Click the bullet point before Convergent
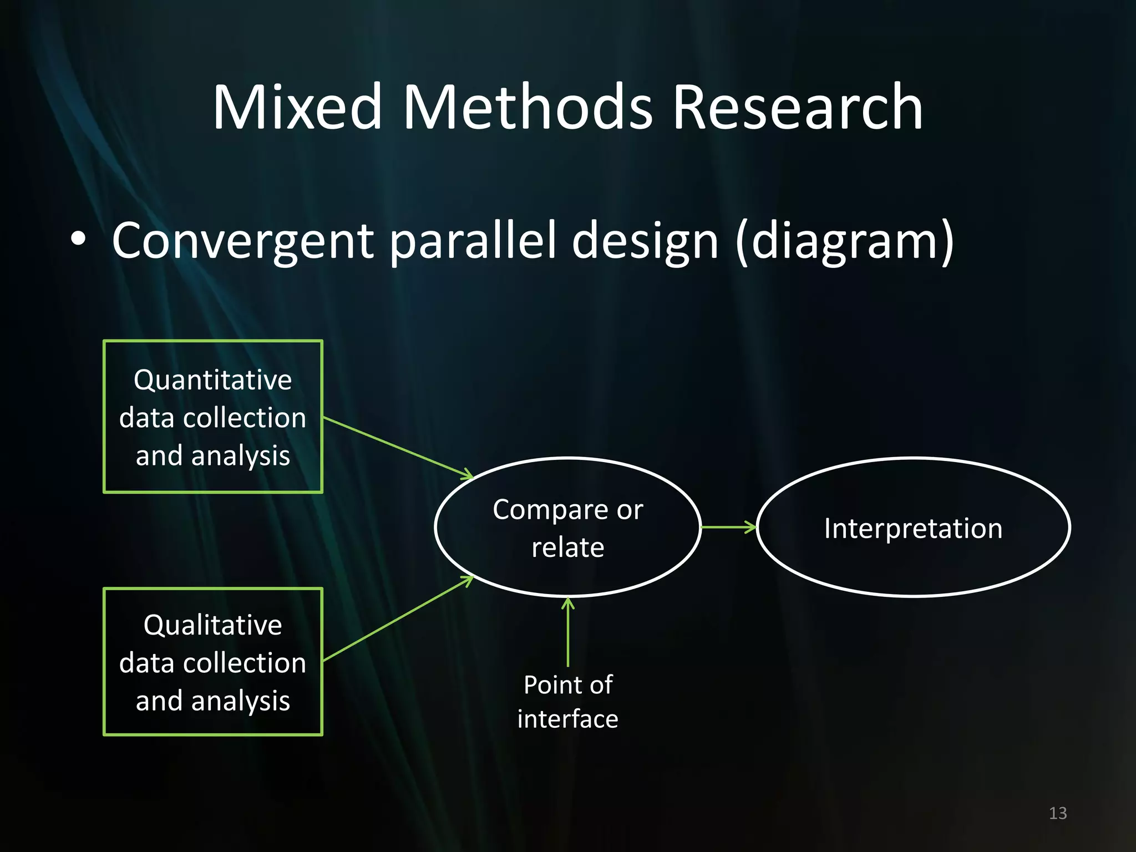pos(79,240)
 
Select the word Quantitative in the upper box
pos(213,381)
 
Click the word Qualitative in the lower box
pos(213,625)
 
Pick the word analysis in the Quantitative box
pos(240,456)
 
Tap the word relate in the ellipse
pos(567,547)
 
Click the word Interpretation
pos(913,528)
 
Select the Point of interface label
pos(567,702)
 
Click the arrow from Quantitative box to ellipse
pos(397,447)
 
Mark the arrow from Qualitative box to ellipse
pos(397,619)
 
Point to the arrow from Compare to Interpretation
pos(728,527)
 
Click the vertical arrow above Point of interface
pos(567,632)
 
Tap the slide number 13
pos(1058,813)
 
